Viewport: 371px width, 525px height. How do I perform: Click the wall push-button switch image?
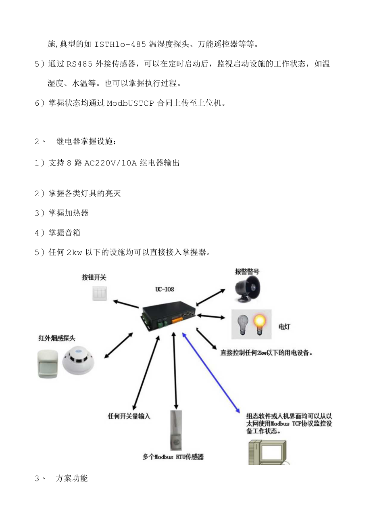[100, 293]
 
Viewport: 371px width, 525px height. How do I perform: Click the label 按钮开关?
[94, 277]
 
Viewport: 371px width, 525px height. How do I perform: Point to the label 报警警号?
[247, 272]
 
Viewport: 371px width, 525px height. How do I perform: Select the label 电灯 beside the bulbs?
[283, 326]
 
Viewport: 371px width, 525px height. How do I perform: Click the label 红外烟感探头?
[56, 338]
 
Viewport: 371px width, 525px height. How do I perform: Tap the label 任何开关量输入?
[129, 416]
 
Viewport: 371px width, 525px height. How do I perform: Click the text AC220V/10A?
[111, 163]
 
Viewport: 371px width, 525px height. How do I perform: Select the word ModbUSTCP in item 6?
[130, 103]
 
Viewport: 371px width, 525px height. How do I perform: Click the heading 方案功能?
[71, 479]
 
